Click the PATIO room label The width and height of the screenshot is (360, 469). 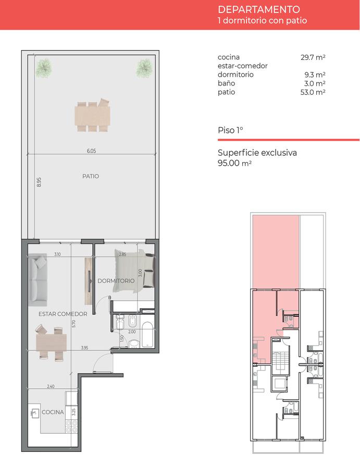91,176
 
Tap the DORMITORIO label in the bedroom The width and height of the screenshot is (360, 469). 116,281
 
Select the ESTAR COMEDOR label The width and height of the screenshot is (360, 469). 63,314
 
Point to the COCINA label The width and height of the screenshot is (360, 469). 53,412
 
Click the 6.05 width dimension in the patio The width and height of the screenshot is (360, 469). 92,151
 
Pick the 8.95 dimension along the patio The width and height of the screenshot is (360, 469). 39,182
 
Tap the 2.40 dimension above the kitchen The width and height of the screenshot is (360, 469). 51,387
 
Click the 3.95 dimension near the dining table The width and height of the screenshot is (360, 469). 84,348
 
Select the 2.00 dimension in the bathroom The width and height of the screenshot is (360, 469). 132,332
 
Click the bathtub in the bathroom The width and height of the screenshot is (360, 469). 147,335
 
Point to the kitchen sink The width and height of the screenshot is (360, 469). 35,414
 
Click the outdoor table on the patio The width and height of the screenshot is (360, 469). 92,115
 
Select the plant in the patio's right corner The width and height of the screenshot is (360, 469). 144,68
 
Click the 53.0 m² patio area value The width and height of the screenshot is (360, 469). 313,92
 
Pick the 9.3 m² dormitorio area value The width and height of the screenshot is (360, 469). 315,75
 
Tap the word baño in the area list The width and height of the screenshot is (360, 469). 226,83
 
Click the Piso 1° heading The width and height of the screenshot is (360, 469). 230,130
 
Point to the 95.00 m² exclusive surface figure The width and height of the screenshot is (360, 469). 234,163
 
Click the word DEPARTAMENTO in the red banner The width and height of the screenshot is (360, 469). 259,9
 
